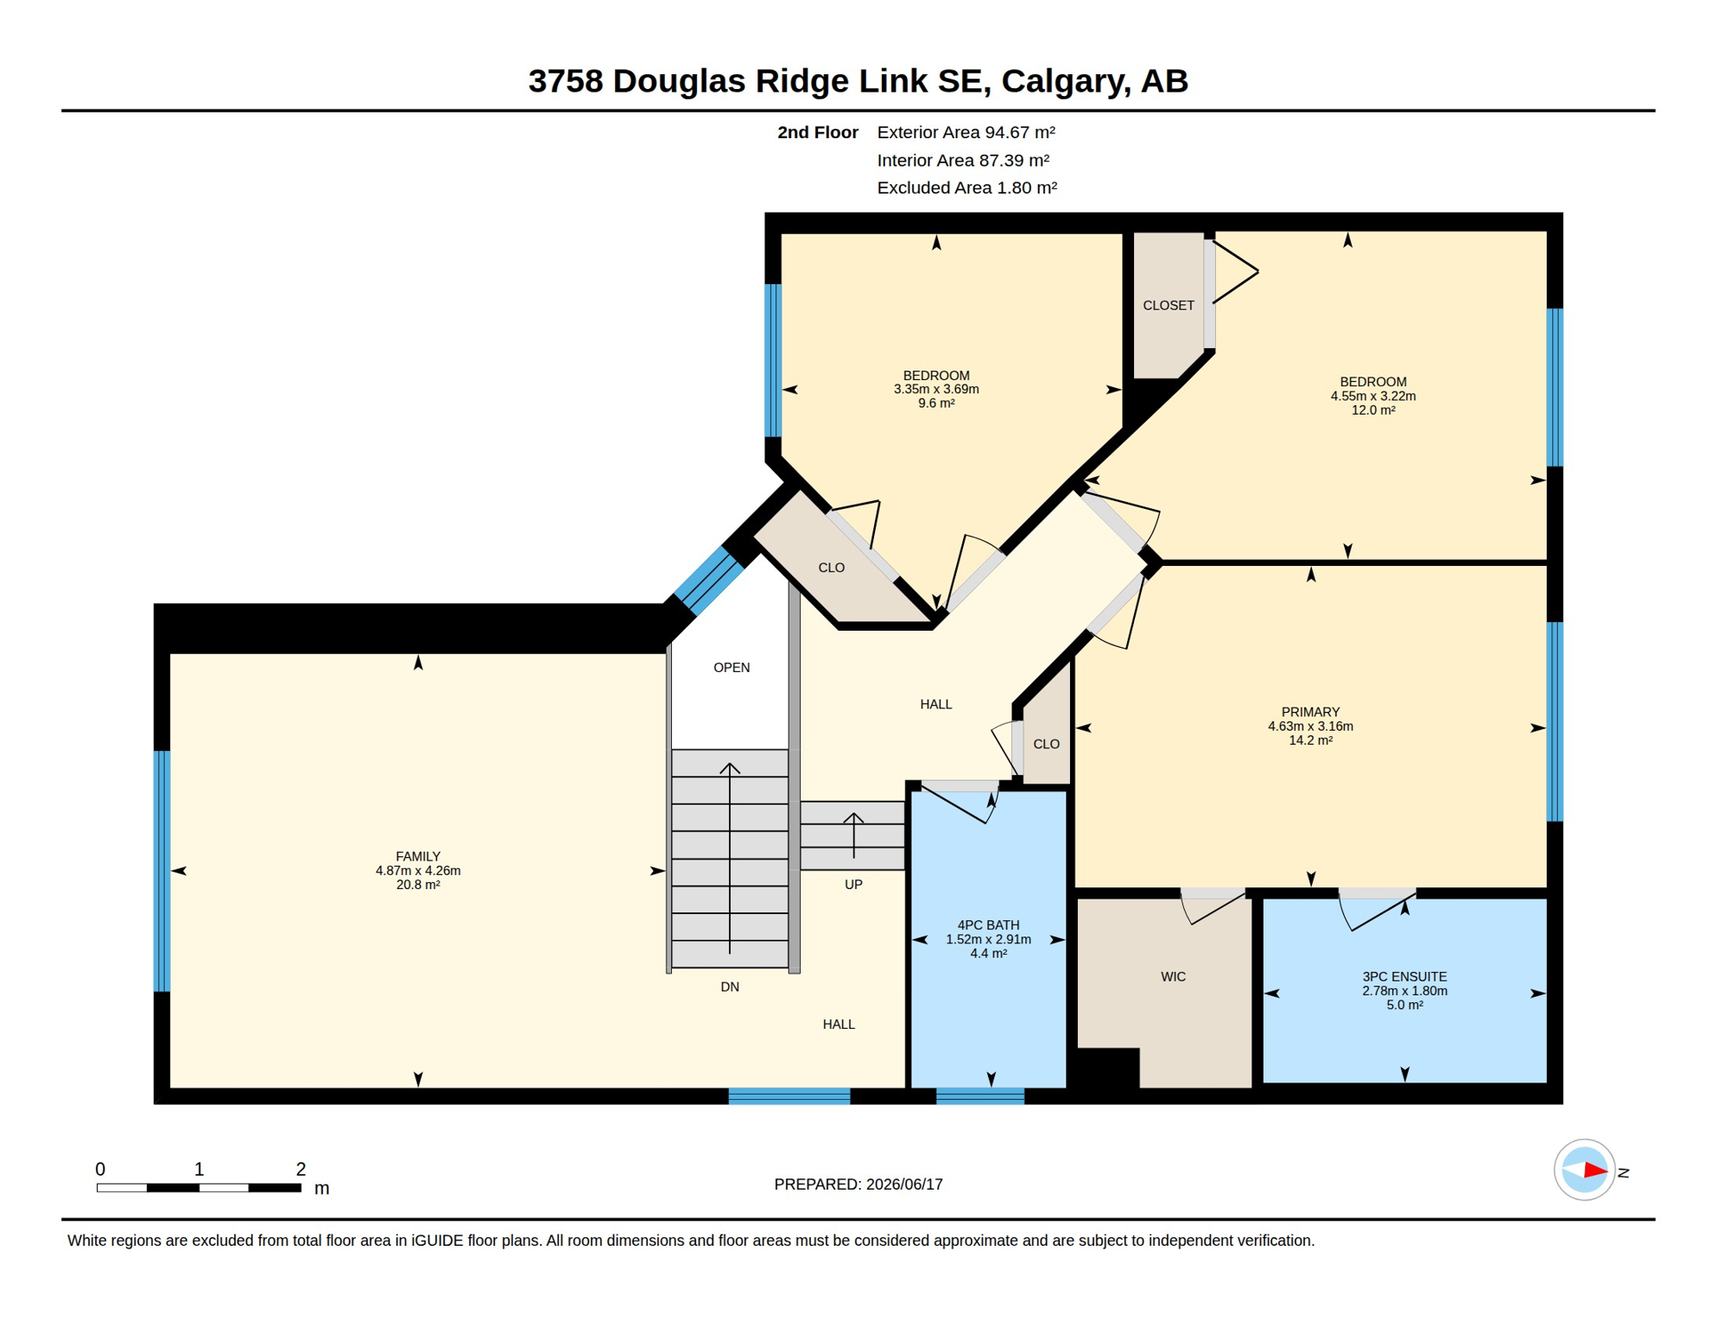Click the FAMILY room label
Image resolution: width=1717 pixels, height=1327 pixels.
[418, 856]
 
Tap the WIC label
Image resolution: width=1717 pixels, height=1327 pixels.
[1173, 977]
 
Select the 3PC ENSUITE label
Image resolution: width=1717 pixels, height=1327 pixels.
[1404, 977]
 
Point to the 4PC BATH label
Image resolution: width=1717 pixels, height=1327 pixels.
[988, 925]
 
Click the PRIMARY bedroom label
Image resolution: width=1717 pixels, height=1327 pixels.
[1310, 712]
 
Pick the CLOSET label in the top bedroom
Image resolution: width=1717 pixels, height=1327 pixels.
[1169, 306]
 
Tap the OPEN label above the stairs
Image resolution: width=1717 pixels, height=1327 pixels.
[732, 668]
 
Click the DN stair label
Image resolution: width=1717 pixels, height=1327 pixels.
[730, 987]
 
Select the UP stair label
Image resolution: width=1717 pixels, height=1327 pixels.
[853, 885]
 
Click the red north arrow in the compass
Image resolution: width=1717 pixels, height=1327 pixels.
[1594, 1171]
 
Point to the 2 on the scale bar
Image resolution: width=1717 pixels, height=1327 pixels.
[301, 1169]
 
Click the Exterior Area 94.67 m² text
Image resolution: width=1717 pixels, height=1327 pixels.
[966, 132]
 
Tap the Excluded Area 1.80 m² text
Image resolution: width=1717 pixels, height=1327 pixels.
[967, 187]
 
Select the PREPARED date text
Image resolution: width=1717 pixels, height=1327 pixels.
[858, 1184]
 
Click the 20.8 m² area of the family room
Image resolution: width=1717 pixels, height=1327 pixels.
[418, 885]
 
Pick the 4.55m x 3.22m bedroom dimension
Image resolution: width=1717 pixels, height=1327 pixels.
[1373, 397]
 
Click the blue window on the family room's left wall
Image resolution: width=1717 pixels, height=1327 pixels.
[162, 871]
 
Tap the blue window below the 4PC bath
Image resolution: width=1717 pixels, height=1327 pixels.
[980, 1096]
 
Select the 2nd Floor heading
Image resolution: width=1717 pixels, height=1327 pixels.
[818, 132]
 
